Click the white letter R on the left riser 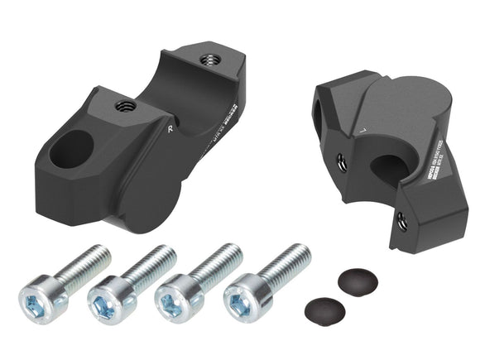tap(169, 130)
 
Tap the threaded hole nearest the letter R tap(127, 105)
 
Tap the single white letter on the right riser tap(362, 131)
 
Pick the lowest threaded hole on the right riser tap(402, 220)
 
